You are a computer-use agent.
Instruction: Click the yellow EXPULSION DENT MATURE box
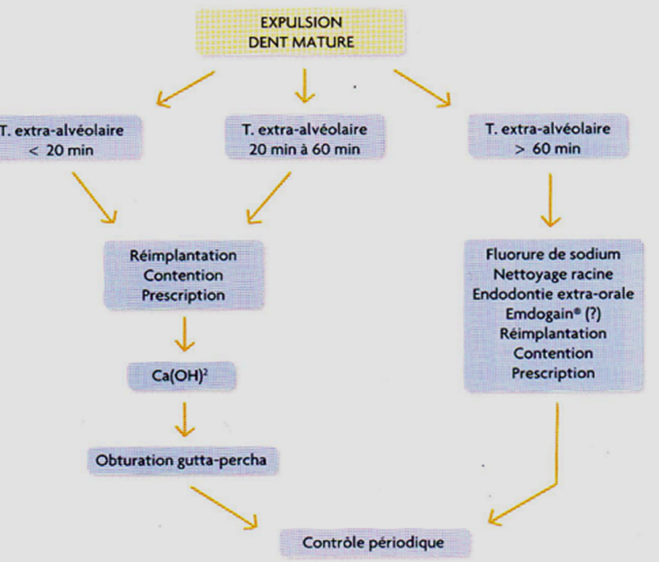pyautogui.click(x=301, y=32)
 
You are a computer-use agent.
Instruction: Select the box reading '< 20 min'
pyautogui.click(x=69, y=138)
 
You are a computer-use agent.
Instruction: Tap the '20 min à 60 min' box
pyautogui.click(x=304, y=137)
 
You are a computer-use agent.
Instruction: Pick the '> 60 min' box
pyautogui.click(x=548, y=136)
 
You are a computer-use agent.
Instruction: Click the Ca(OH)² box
pyautogui.click(x=182, y=376)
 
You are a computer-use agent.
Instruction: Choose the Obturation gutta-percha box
pyautogui.click(x=183, y=461)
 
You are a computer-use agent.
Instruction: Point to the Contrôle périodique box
pyautogui.click(x=375, y=543)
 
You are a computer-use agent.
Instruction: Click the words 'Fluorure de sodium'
pyautogui.click(x=553, y=254)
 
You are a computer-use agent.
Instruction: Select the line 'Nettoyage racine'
pyautogui.click(x=553, y=275)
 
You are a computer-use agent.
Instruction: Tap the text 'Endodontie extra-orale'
pyautogui.click(x=553, y=295)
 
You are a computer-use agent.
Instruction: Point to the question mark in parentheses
pyautogui.click(x=593, y=314)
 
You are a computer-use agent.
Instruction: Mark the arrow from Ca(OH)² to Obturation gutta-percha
pyautogui.click(x=184, y=420)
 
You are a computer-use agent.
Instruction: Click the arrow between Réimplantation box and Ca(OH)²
pyautogui.click(x=184, y=334)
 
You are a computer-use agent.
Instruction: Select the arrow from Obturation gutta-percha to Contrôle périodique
pyautogui.click(x=224, y=508)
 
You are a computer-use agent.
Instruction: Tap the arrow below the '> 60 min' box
pyautogui.click(x=550, y=201)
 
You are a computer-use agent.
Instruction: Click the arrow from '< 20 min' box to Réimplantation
pyautogui.click(x=95, y=197)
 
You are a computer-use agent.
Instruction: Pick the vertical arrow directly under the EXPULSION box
pyautogui.click(x=304, y=86)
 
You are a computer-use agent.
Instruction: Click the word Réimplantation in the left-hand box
pyautogui.click(x=183, y=256)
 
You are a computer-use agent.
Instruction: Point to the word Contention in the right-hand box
pyautogui.click(x=553, y=354)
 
